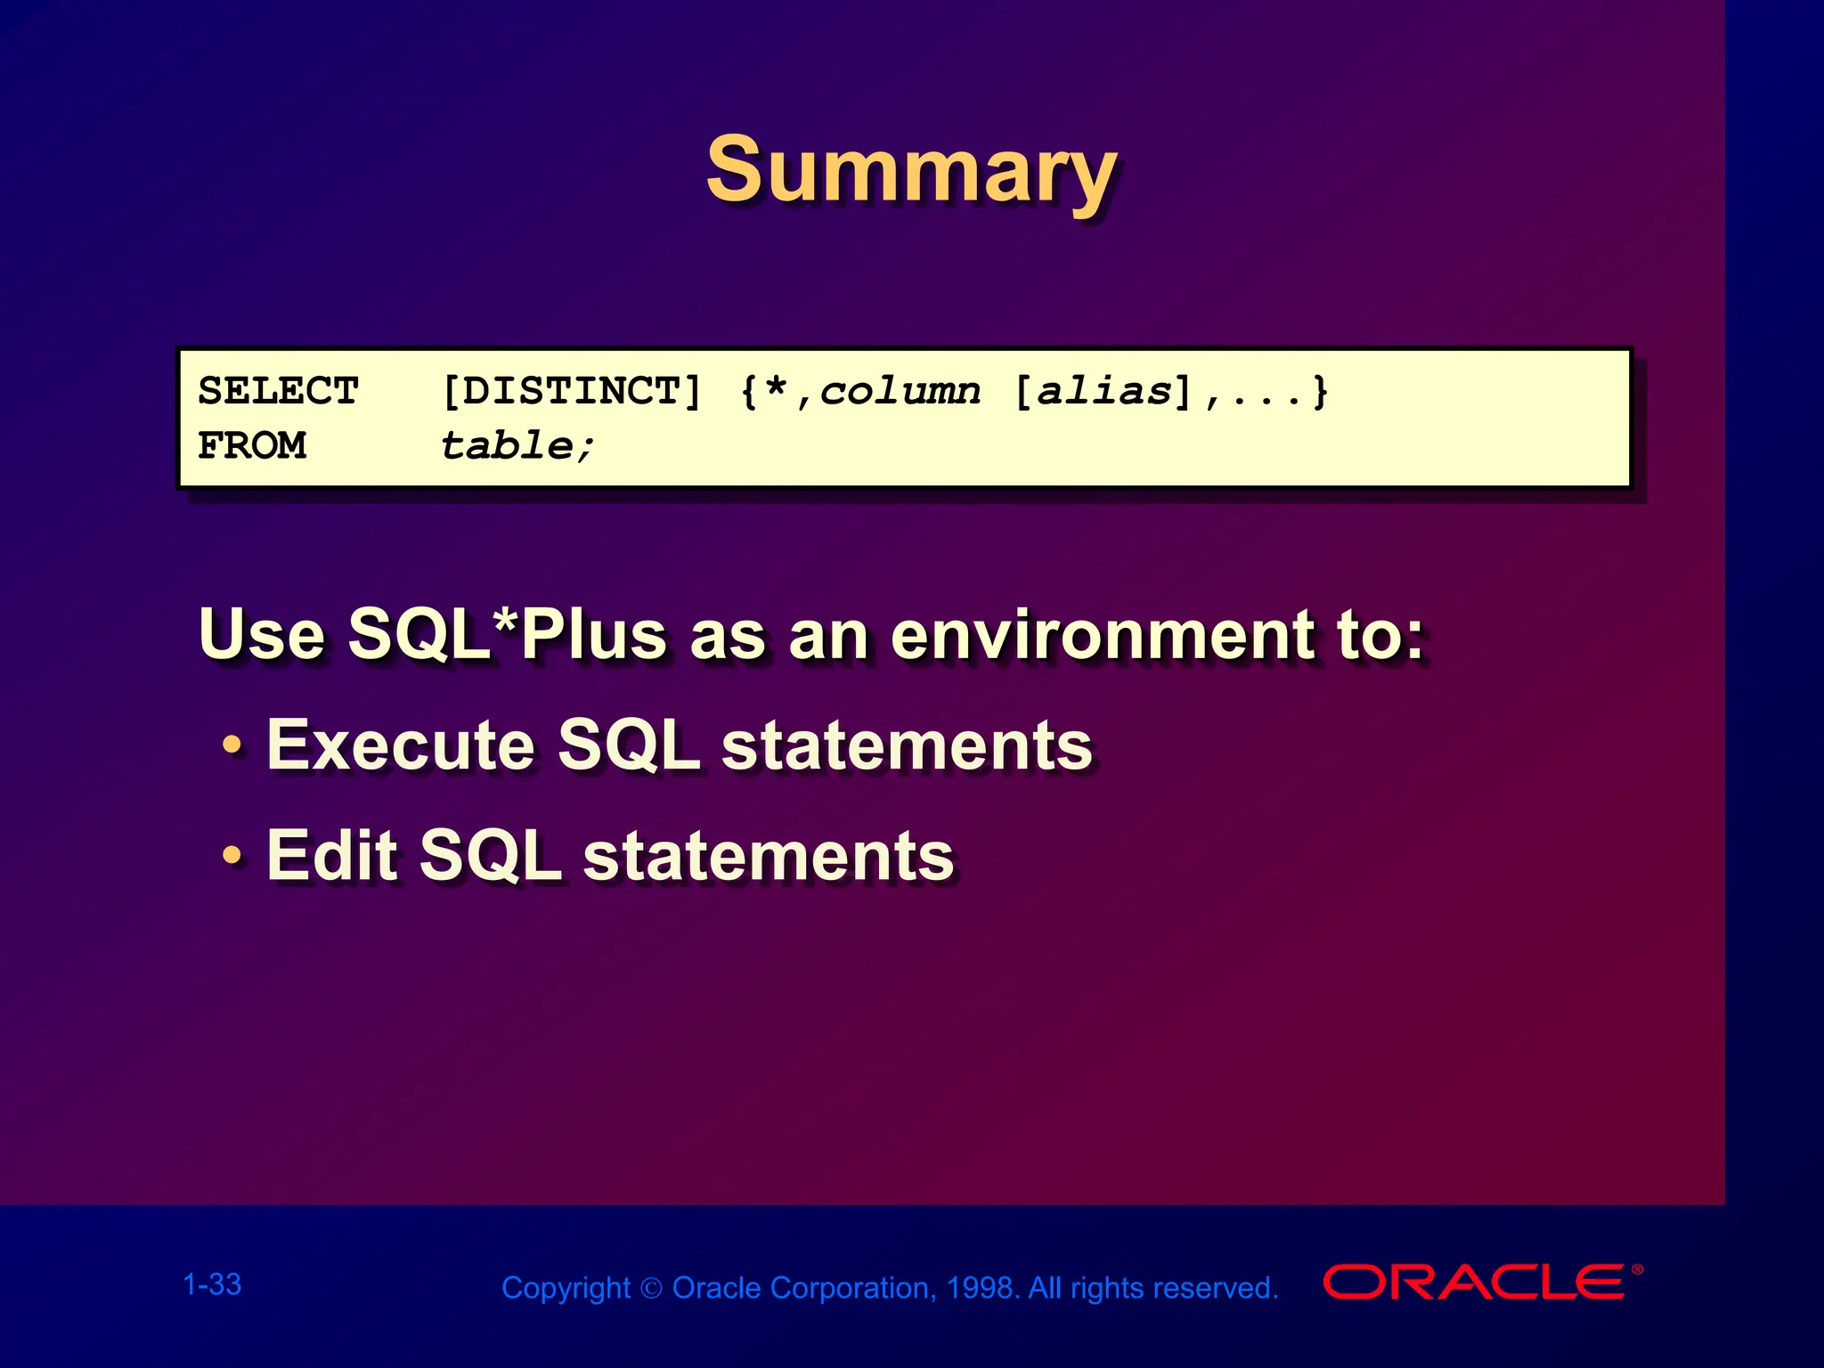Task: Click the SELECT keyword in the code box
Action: tap(278, 391)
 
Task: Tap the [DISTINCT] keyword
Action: tap(572, 391)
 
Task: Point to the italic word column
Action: tap(900, 391)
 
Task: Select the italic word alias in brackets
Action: tap(1104, 391)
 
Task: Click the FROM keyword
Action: tap(252, 445)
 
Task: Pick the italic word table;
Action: tap(517, 445)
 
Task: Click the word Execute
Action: tap(401, 745)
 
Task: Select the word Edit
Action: tap(332, 855)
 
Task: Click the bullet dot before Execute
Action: tap(232, 745)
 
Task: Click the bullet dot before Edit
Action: tap(232, 855)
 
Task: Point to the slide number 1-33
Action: tap(212, 1284)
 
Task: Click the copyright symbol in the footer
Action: tap(652, 1289)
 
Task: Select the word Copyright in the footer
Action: tap(566, 1288)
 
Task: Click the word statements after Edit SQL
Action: tap(768, 855)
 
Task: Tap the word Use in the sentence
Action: tap(262, 634)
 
